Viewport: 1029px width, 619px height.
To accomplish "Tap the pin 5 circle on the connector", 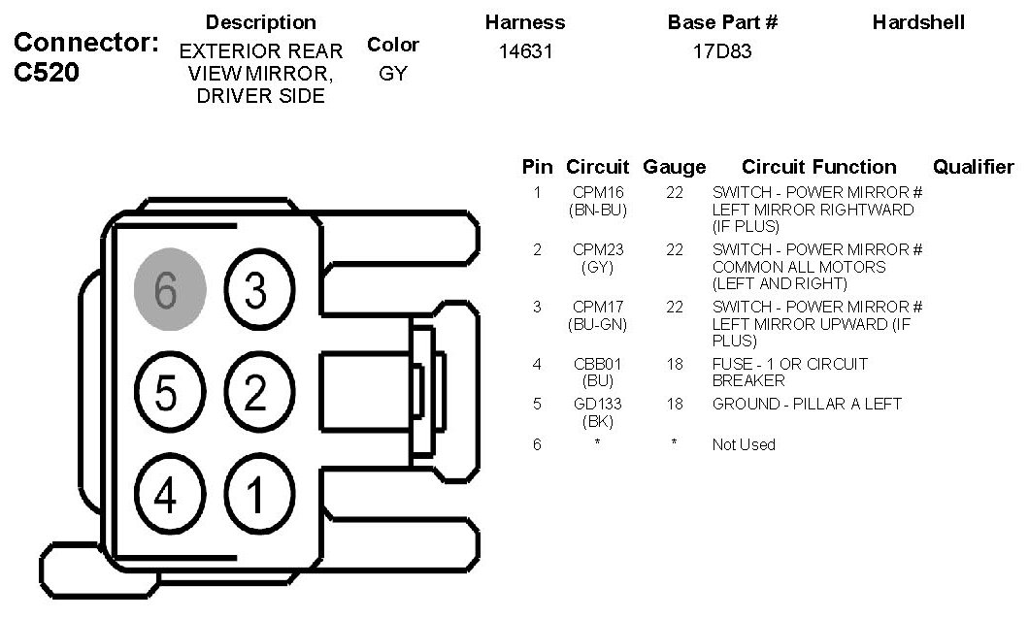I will (167, 394).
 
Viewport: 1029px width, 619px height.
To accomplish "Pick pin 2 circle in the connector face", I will (256, 393).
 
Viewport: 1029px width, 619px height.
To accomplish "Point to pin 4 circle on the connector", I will (167, 496).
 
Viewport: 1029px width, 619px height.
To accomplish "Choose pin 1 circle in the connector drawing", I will (256, 496).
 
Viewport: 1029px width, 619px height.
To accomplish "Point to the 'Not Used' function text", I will (744, 444).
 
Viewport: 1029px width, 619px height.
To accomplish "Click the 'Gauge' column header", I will (675, 167).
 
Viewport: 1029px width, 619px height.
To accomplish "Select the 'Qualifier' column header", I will (973, 167).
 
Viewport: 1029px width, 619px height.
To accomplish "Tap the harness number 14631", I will (525, 51).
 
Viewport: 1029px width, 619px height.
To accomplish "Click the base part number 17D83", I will (722, 51).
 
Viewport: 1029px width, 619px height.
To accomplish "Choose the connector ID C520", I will (47, 74).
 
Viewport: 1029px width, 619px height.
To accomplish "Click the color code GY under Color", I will (393, 74).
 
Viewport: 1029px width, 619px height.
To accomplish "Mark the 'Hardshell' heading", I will (918, 21).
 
